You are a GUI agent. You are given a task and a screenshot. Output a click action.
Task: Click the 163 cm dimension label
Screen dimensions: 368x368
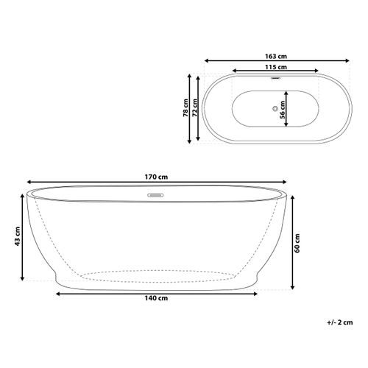[x=276, y=54]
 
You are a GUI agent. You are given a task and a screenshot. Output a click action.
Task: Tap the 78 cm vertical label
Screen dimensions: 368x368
[x=185, y=109]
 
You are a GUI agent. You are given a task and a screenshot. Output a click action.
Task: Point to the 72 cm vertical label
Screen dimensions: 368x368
[x=194, y=109]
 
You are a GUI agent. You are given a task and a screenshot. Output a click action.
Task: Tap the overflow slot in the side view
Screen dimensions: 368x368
[x=156, y=196]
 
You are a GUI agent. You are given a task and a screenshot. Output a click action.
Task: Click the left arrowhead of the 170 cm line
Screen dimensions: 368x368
[x=30, y=184]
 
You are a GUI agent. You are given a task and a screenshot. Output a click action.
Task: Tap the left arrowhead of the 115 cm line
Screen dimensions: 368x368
[x=235, y=74]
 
